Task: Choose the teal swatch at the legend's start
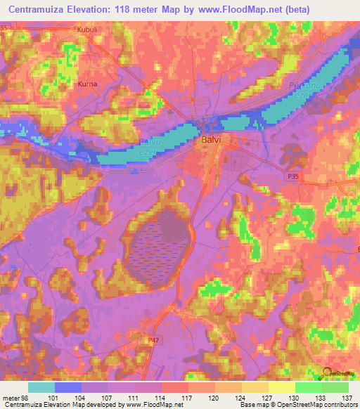[41, 387]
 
